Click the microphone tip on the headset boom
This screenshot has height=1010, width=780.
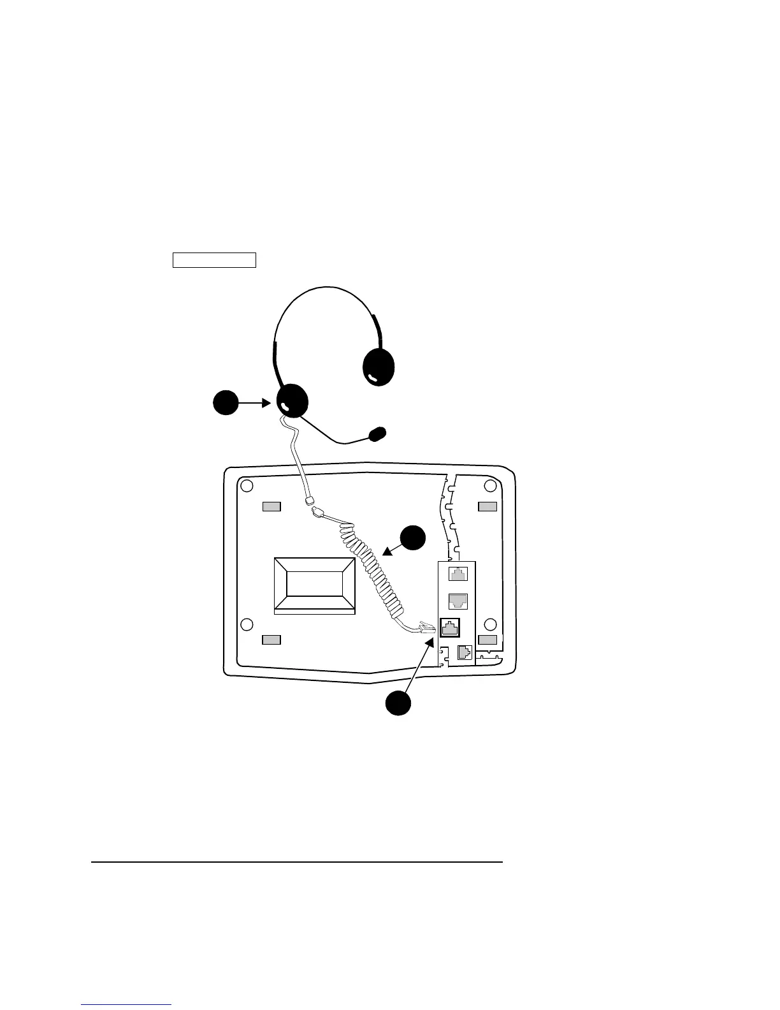pos(378,434)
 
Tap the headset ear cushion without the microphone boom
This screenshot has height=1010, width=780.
pos(379,367)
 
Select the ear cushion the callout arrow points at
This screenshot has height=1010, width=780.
pos(292,402)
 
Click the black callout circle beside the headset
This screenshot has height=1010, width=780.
pos(225,404)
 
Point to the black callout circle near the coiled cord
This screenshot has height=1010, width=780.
pos(413,538)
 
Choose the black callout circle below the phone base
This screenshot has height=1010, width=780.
pos(398,703)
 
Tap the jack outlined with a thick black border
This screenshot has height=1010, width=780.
pos(450,628)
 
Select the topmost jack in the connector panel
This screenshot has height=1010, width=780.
pos(458,574)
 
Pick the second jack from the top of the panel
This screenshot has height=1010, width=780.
pos(458,601)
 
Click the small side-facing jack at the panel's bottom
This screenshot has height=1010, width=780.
pos(465,653)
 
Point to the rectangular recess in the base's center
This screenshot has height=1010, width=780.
pos(314,585)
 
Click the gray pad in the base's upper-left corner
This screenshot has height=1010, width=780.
pos(271,507)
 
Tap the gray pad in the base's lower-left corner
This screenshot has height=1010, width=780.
pos(271,640)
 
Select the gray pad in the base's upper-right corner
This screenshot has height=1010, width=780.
pos(487,506)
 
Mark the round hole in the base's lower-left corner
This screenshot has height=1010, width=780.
pos(247,624)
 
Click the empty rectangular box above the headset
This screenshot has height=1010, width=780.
pos(214,260)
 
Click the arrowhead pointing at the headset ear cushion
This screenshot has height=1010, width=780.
pos(268,403)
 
